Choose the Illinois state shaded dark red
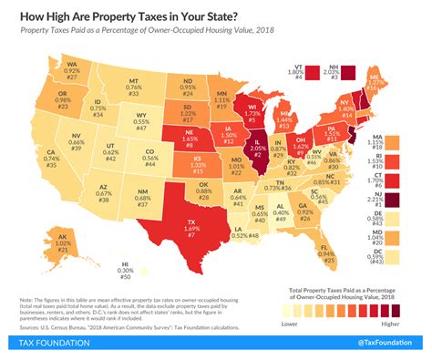tap(260, 148)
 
